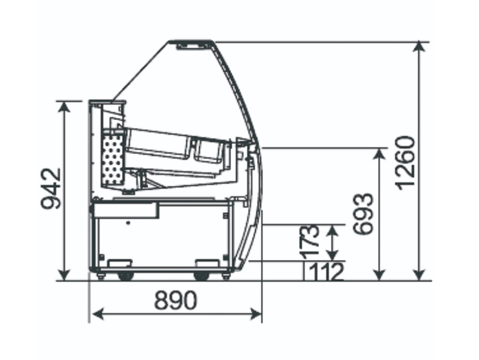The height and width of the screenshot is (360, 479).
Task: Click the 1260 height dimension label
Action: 405,163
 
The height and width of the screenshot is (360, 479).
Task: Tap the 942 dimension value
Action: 51,188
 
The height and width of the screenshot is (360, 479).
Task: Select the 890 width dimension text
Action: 175,300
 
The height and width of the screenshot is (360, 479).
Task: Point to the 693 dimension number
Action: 363,213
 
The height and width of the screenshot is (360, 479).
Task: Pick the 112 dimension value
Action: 326,271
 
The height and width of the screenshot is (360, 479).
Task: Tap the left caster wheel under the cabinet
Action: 125,276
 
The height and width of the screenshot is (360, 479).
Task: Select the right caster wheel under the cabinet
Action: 201,276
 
